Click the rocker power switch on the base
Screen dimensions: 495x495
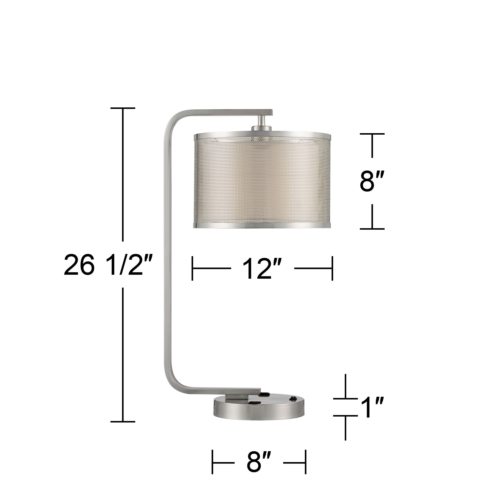(292, 399)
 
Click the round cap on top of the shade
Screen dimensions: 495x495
(261, 128)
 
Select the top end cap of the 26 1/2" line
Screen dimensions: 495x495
(123, 108)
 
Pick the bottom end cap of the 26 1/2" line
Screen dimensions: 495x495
(123, 421)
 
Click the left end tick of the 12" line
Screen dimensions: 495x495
(192, 268)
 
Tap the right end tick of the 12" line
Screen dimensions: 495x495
(332, 268)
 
